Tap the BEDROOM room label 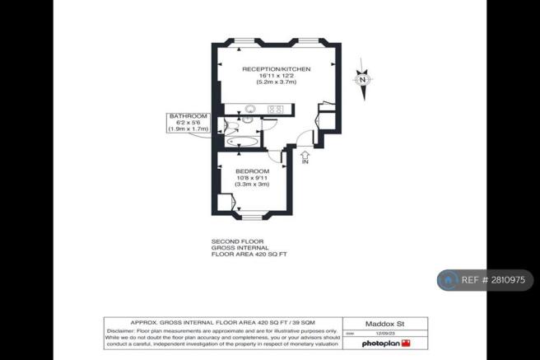click(x=252, y=171)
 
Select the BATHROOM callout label click(x=189, y=116)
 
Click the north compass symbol click(x=361, y=79)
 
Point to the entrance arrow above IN click(x=305, y=153)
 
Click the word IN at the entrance click(x=305, y=162)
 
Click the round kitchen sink click(x=252, y=109)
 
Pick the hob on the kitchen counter click(x=276, y=109)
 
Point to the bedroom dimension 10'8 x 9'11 click(x=252, y=178)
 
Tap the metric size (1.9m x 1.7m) click(x=189, y=129)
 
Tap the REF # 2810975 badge click(x=485, y=280)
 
